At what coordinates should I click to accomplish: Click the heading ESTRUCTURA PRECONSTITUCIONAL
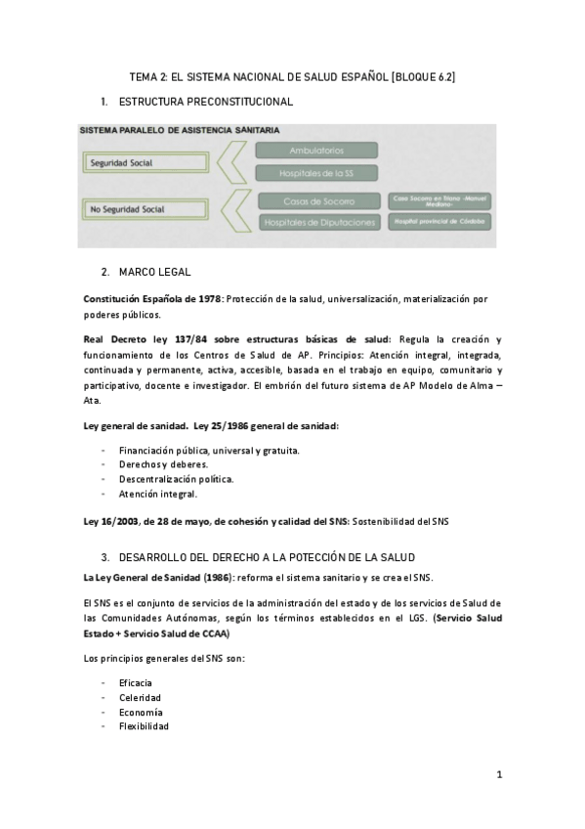point(205,102)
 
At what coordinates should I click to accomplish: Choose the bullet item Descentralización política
point(177,480)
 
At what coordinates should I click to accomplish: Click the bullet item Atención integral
point(157,495)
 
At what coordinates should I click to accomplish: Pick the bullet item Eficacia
point(136,682)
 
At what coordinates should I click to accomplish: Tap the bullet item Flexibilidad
point(144,726)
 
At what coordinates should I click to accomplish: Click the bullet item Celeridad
point(140,697)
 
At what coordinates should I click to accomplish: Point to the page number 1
point(498,775)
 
